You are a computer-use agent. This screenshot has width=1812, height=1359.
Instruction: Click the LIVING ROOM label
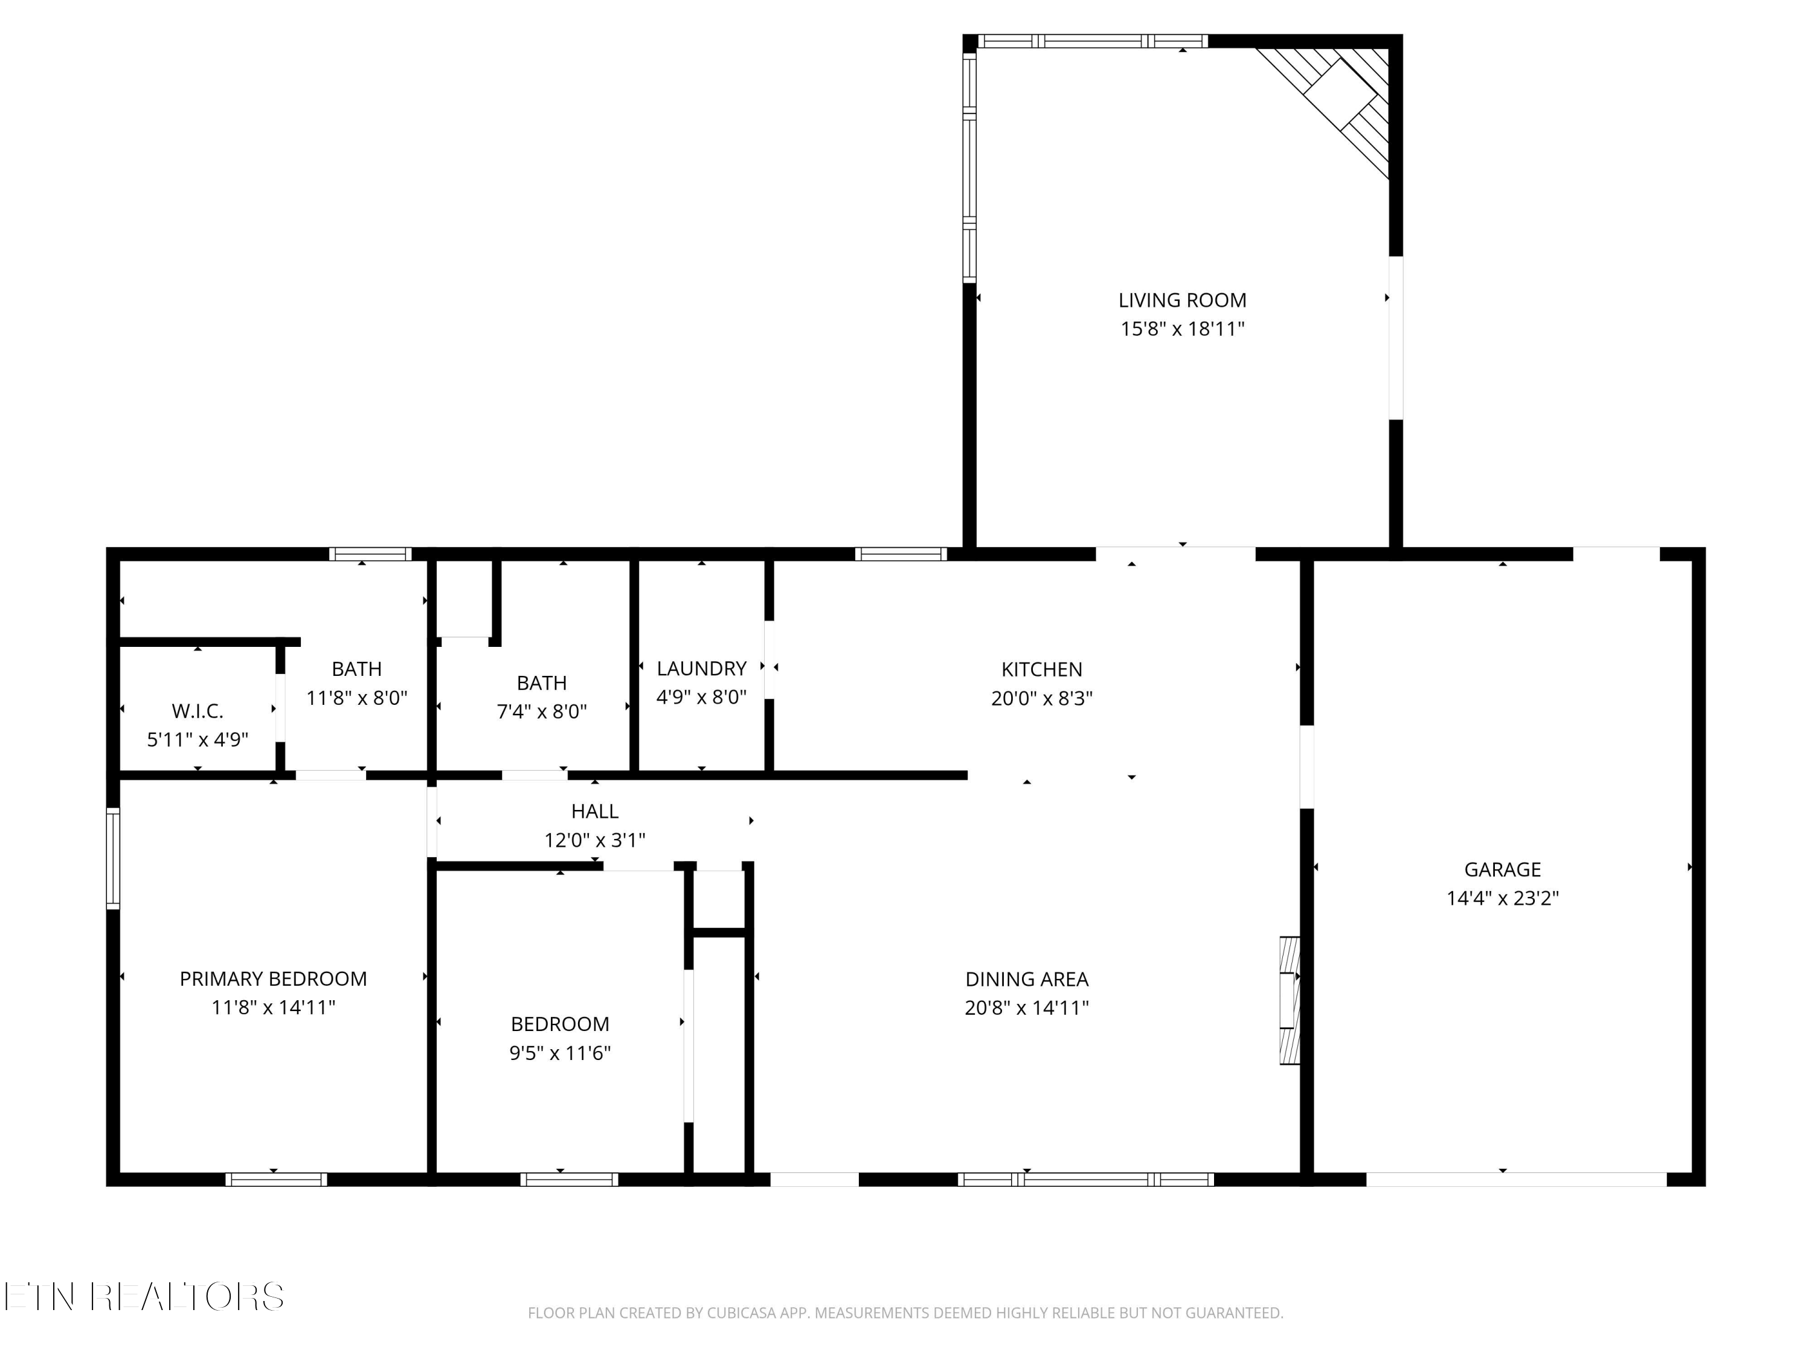[1182, 301]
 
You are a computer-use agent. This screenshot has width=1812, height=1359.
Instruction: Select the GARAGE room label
[1502, 870]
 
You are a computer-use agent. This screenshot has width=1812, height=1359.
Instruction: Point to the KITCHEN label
[1041, 670]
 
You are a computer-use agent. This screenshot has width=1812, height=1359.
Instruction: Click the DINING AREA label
[1026, 980]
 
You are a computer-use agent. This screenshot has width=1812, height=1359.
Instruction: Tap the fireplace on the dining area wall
[1290, 1000]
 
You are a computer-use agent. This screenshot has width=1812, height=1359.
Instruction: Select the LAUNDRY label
[701, 669]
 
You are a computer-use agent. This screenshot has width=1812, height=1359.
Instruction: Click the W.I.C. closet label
[198, 711]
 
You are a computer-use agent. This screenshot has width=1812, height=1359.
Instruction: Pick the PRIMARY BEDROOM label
[273, 979]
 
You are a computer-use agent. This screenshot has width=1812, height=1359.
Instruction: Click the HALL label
[595, 812]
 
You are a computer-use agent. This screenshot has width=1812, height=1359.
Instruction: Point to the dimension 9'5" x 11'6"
[561, 1053]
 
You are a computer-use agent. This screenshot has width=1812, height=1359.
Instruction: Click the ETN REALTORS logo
[144, 1297]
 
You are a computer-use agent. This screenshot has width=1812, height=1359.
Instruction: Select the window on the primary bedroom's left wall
[113, 858]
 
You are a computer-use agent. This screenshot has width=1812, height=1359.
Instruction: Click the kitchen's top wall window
[901, 554]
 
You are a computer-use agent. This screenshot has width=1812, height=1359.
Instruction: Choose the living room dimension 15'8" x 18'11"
[1182, 329]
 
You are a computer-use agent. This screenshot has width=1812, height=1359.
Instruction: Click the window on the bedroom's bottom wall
[570, 1180]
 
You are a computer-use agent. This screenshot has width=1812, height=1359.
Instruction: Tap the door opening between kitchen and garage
[1308, 766]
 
